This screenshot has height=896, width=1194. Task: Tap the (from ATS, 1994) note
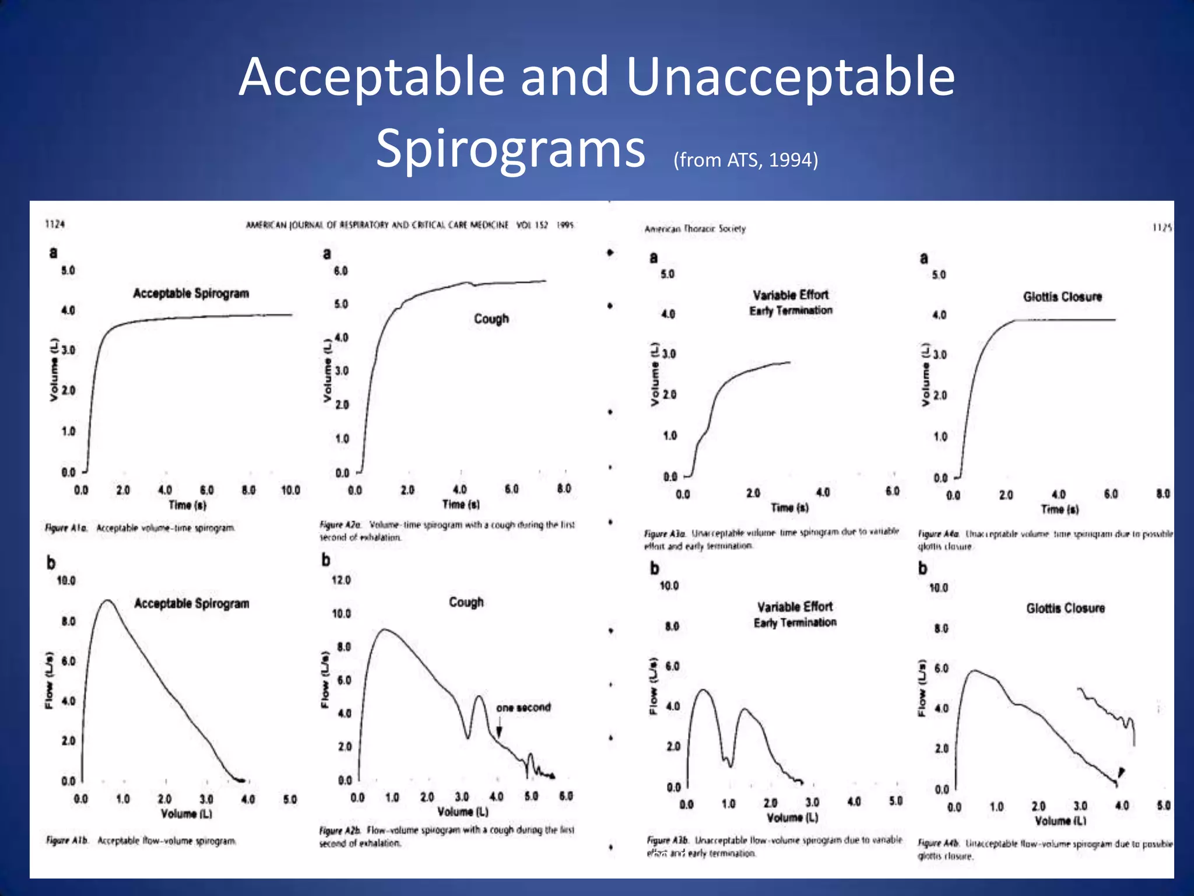(746, 160)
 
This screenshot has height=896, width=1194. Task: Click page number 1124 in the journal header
(55, 224)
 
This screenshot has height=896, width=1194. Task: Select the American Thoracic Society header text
(695, 229)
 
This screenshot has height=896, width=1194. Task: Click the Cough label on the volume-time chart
(491, 318)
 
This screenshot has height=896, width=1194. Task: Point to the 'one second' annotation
(523, 708)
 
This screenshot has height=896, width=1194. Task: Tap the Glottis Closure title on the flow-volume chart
(1065, 608)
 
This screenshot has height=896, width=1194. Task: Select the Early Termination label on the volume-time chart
(791, 310)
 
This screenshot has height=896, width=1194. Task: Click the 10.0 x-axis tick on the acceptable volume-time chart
(290, 490)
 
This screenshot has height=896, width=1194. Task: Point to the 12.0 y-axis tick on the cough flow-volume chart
(341, 580)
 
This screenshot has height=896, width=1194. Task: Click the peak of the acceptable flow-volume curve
(107, 600)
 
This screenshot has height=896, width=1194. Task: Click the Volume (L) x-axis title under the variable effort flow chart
(792, 818)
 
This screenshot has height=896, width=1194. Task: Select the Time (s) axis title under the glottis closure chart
(1059, 509)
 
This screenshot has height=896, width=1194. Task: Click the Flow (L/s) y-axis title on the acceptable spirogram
(50, 680)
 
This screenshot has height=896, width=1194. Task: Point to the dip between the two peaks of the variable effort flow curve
(730, 765)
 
